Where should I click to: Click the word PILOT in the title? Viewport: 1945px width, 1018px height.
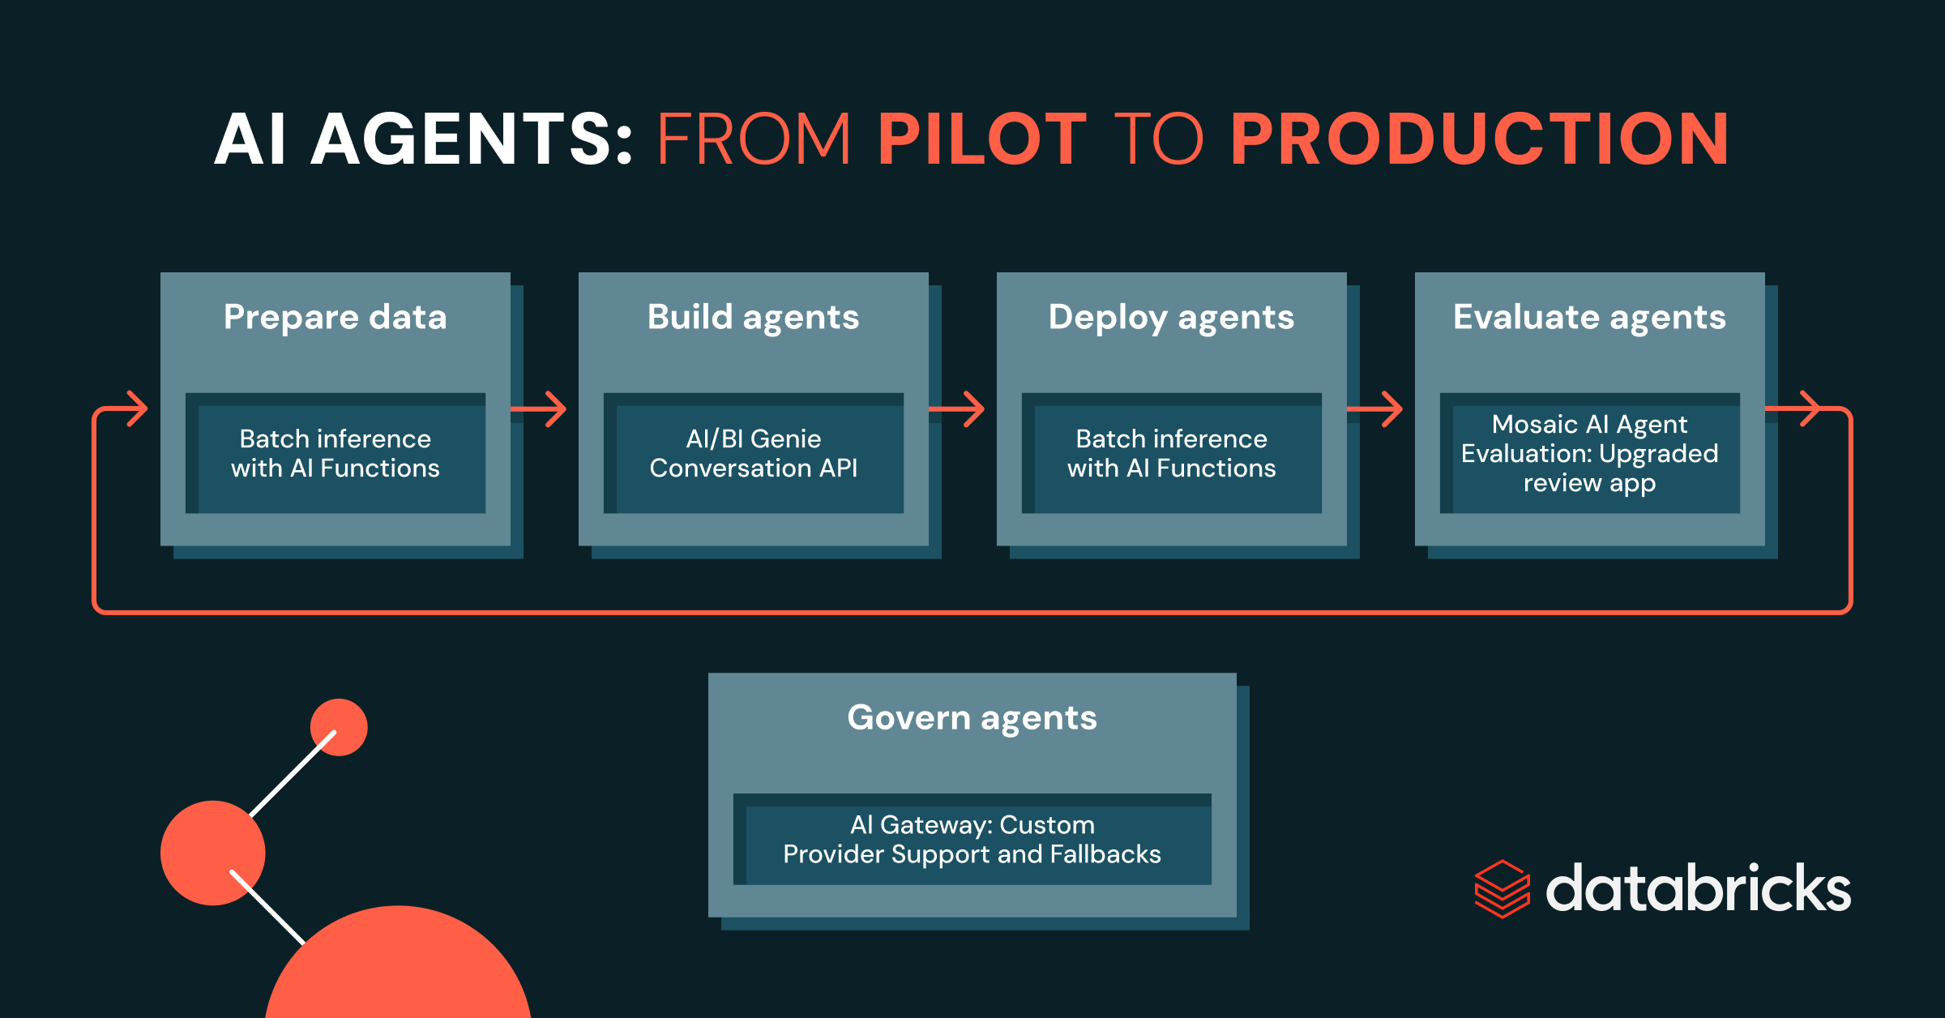tap(981, 139)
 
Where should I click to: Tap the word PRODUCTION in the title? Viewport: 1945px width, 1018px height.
tap(1480, 139)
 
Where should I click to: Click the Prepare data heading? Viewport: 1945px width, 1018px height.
tap(335, 317)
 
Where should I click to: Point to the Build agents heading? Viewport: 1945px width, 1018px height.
tap(753, 317)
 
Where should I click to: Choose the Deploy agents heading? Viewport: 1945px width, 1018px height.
tap(1171, 317)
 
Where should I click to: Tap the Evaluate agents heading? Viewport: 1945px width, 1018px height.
tap(1589, 317)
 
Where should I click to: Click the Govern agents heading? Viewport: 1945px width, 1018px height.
tap(972, 718)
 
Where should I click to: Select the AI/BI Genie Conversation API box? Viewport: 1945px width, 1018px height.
tap(754, 454)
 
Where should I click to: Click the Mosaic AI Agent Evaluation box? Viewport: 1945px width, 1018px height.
tap(1589, 454)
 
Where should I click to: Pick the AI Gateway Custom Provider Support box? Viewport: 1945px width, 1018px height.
tap(972, 840)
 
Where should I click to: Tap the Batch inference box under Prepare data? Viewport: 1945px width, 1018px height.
tap(336, 454)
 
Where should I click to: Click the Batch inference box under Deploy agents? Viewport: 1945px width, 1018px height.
tap(1171, 454)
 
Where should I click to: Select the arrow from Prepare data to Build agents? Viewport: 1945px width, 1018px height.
tap(542, 409)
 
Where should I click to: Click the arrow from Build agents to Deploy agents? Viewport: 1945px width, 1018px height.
tap(960, 409)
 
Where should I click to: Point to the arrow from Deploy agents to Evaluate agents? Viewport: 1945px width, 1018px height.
tap(1379, 409)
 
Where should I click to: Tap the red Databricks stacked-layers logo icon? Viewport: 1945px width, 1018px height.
tap(1502, 889)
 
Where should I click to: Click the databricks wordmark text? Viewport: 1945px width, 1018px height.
tap(1698, 888)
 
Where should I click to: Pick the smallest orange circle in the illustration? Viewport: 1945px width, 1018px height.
tap(339, 727)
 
